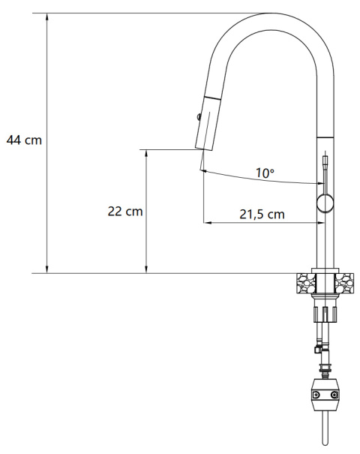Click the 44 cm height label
coord(24,140)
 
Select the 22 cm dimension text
coord(125,212)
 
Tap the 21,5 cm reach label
coord(262,215)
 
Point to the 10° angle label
coord(265,173)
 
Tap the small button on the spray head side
coord(197,116)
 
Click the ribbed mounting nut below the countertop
coord(325,312)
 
